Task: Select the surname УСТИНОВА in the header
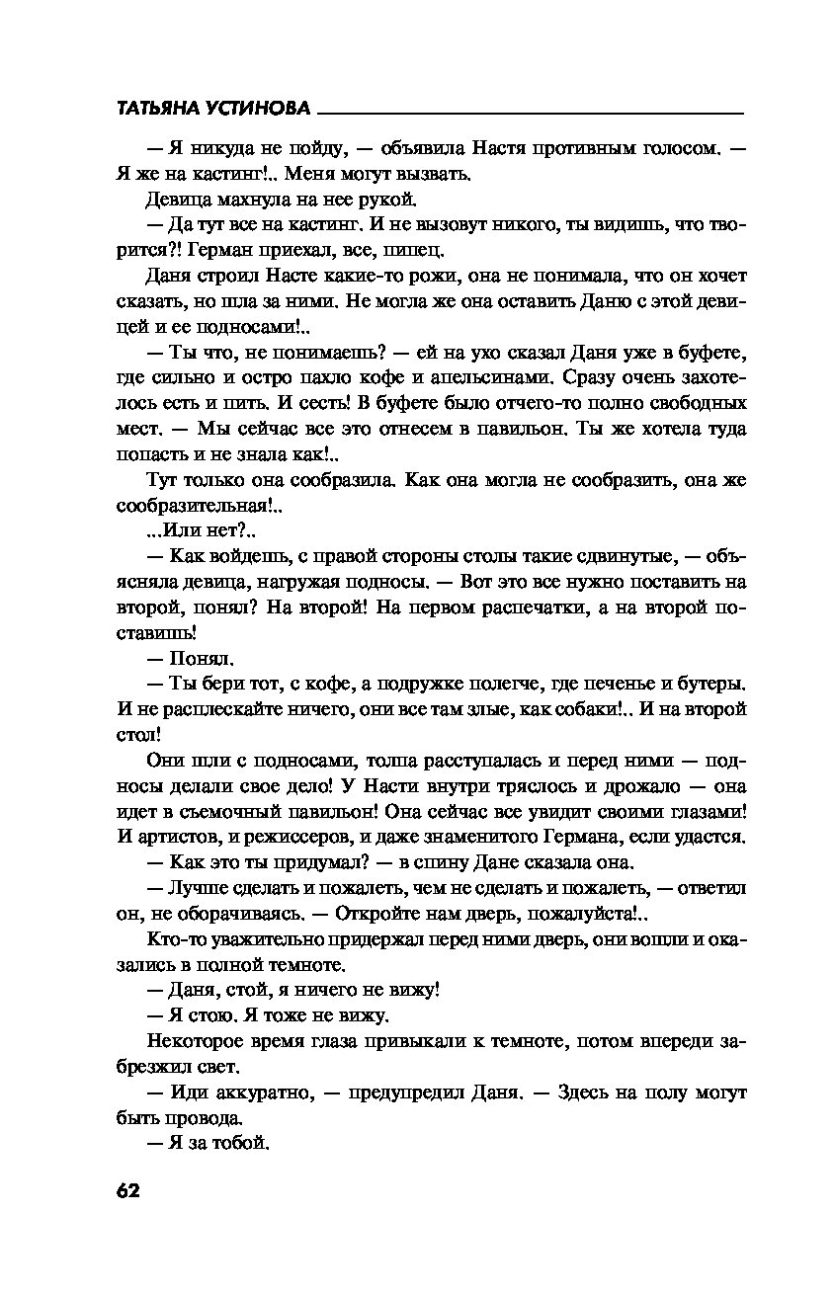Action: [x=266, y=108]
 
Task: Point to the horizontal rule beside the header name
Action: [x=533, y=112]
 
